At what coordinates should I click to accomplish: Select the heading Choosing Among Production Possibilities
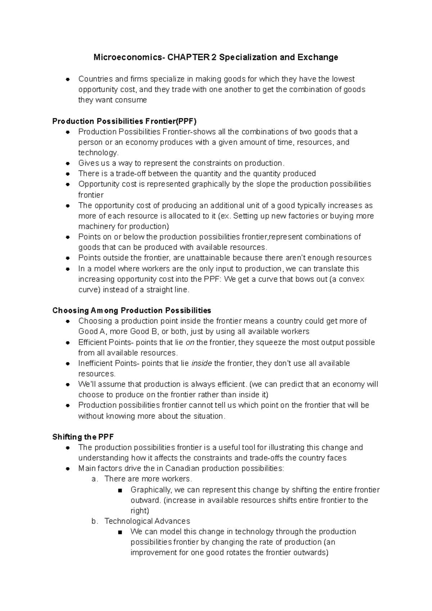132,310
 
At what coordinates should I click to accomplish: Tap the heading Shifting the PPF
83,437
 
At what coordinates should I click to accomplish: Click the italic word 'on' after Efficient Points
190,342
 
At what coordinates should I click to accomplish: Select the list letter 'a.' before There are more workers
95,479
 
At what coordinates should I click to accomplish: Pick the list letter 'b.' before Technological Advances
95,521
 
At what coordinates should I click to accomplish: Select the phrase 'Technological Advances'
147,521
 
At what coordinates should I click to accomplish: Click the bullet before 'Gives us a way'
67,163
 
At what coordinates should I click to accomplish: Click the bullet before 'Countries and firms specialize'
67,79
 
